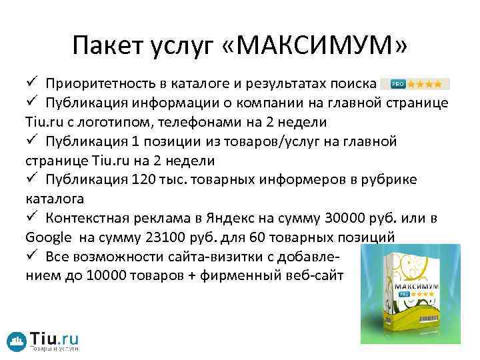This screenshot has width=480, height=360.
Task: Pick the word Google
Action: pyautogui.click(x=49, y=237)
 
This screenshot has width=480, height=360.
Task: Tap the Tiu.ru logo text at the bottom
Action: pyautogui.click(x=55, y=337)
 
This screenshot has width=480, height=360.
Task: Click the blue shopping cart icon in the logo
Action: pyautogui.click(x=17, y=340)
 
